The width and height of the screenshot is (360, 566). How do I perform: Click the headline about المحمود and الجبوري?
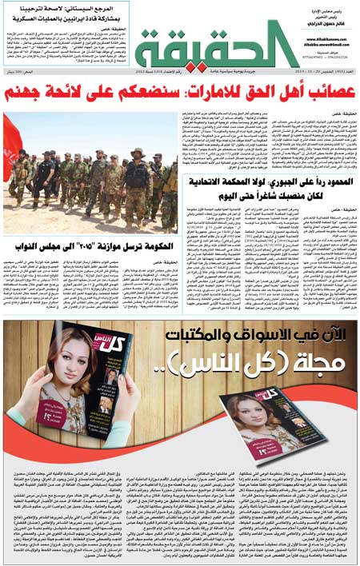coord(269,189)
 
